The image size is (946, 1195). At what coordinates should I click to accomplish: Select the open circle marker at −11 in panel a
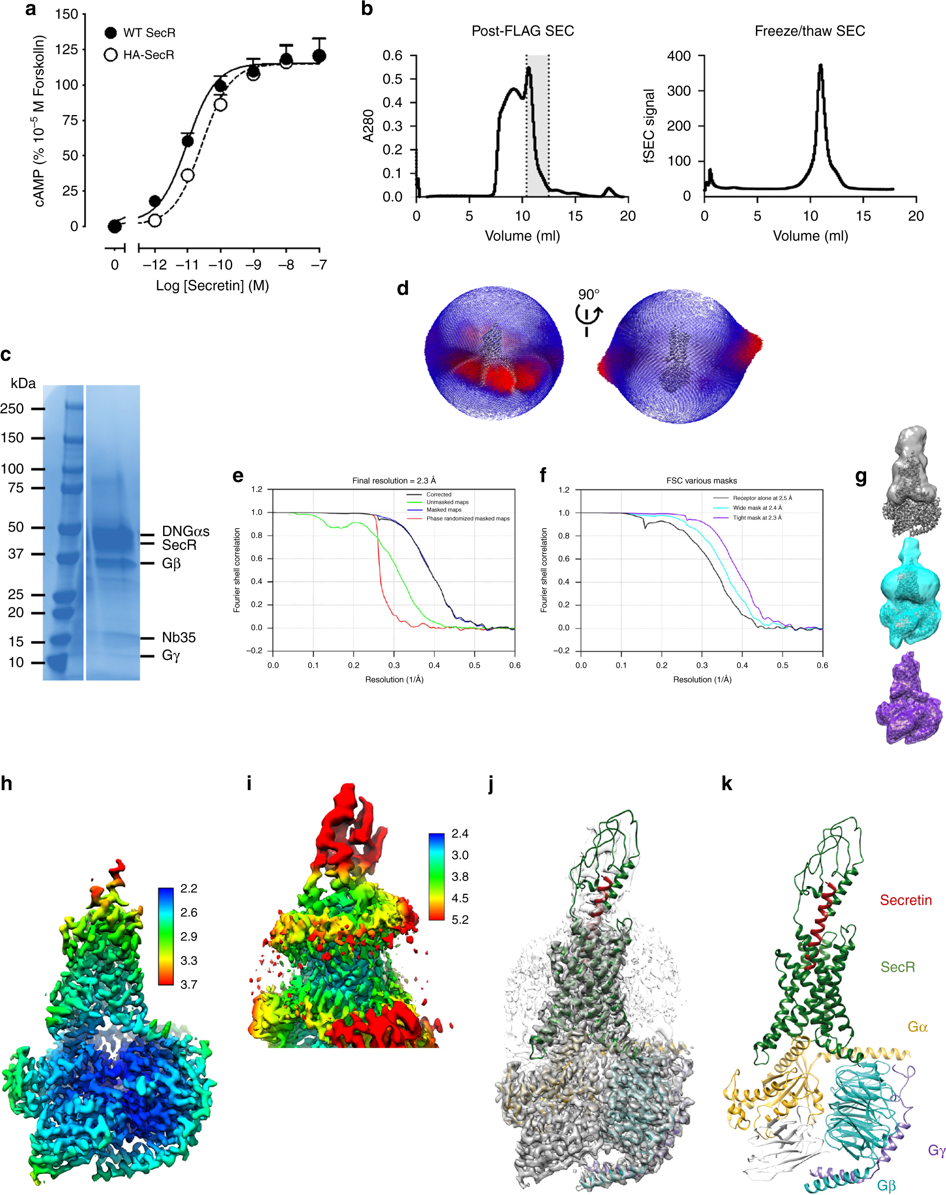coord(187,175)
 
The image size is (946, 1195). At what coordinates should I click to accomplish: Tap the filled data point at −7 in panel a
coord(319,56)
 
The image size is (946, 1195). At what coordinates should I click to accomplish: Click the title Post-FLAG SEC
coord(522,31)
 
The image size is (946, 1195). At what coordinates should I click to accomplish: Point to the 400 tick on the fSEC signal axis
coord(679,56)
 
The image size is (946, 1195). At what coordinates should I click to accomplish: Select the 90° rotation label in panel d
coord(588,294)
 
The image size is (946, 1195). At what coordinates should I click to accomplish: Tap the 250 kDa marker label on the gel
coord(12,408)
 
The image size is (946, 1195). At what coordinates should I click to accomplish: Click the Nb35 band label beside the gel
coord(178,637)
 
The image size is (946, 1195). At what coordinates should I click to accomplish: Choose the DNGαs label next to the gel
coord(185,531)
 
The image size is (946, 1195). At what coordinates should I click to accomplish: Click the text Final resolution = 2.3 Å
coord(394,480)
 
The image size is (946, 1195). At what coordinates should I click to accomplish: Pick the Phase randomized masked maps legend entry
coord(467,518)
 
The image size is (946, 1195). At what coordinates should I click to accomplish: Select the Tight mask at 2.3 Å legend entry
coord(756,517)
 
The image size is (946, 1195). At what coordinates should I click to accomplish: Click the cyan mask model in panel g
coord(909,594)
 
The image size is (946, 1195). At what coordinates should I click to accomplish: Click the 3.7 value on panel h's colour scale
coord(188,984)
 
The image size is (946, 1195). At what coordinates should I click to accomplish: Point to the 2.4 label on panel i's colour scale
coord(460,834)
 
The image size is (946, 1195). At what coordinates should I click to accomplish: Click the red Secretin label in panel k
coord(905,900)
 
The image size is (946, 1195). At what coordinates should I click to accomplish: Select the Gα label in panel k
coord(917,1027)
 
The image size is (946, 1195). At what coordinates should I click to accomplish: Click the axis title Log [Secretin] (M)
coord(212,285)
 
